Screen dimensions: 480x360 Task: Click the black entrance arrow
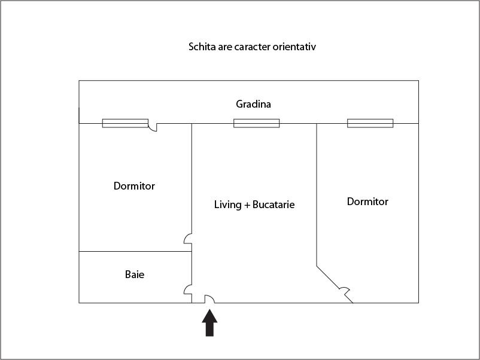(209, 323)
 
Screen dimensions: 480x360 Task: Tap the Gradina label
(253, 104)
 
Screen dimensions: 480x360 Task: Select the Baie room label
(135, 274)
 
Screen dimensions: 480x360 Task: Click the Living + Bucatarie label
(254, 205)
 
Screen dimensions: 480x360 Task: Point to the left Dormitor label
(134, 186)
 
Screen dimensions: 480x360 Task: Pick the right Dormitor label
(367, 202)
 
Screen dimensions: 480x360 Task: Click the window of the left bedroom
(125, 123)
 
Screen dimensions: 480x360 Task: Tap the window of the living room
(257, 123)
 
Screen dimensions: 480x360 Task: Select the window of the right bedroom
(370, 123)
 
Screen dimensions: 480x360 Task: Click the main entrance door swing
(209, 299)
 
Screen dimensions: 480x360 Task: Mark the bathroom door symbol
(188, 289)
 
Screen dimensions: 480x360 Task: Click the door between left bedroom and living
(188, 239)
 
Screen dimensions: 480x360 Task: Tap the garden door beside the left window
(153, 127)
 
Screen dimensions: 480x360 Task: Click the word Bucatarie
(274, 205)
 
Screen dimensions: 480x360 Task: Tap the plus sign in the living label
(247, 205)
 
